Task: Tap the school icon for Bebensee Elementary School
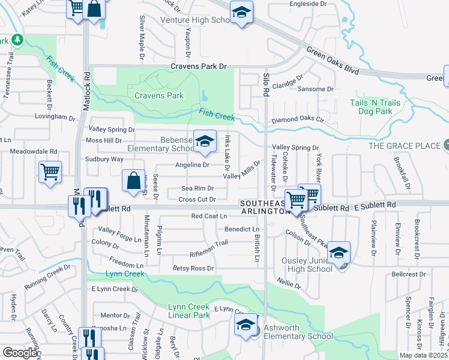(205, 142)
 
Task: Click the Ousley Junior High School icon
(339, 253)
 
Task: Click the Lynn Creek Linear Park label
(188, 311)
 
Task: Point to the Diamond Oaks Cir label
(298, 120)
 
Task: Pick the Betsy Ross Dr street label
(193, 268)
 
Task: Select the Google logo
(20, 353)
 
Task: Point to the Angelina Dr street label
(191, 164)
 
